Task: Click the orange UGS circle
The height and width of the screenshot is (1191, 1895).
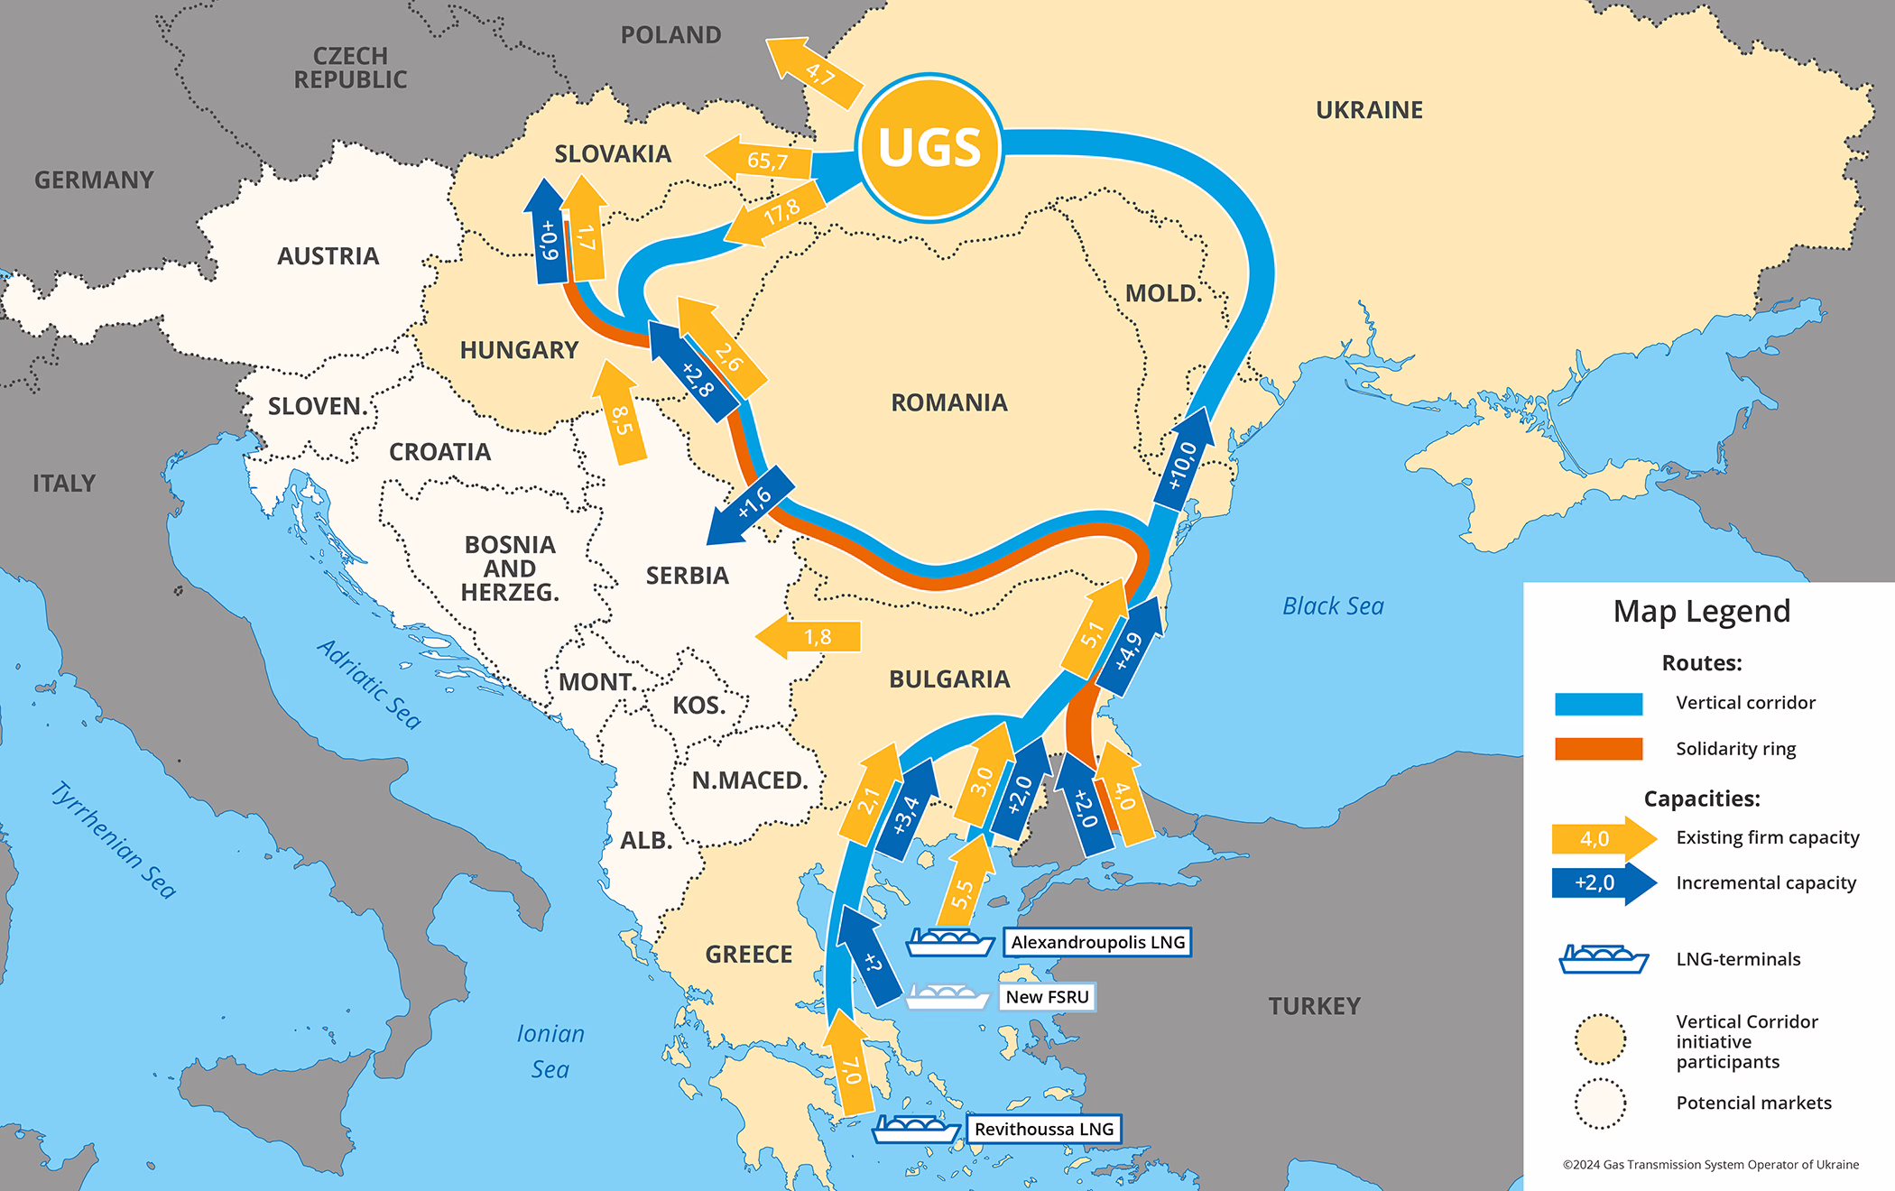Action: pos(929,147)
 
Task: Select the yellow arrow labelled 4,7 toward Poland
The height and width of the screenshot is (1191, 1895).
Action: pos(812,70)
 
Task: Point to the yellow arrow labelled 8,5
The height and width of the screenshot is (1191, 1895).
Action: pos(620,415)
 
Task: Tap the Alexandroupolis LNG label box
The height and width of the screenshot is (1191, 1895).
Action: pos(1097,942)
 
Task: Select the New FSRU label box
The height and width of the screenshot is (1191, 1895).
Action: pos(1047,997)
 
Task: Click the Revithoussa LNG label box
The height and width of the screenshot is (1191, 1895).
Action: pos(1043,1129)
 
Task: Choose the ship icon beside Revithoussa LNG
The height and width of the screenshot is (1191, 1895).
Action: pos(916,1129)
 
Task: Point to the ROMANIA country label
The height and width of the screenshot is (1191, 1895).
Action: pos(948,402)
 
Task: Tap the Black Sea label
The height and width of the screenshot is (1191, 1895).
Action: pos(1333,606)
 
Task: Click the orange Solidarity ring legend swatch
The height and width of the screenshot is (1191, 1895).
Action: pos(1598,749)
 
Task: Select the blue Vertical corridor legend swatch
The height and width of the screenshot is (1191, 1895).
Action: pos(1598,704)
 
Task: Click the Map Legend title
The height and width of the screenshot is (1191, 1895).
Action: pos(1701,612)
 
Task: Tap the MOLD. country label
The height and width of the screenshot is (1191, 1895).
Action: pos(1163,293)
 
